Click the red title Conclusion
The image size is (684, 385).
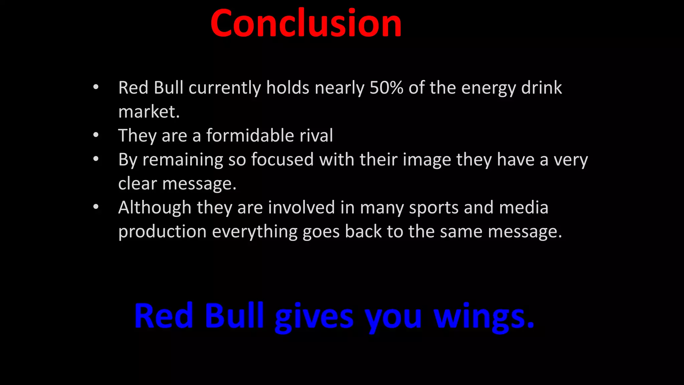306,23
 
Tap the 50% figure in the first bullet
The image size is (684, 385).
386,88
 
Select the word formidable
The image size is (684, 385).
250,136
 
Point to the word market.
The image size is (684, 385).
149,112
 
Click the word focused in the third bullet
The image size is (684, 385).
282,159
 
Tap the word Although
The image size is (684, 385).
155,208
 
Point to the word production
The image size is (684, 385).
162,232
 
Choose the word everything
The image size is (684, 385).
254,232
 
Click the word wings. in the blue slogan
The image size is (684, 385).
484,316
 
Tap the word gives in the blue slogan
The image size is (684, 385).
314,316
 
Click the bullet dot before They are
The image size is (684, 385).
96,135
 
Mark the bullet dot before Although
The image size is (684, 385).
96,207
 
